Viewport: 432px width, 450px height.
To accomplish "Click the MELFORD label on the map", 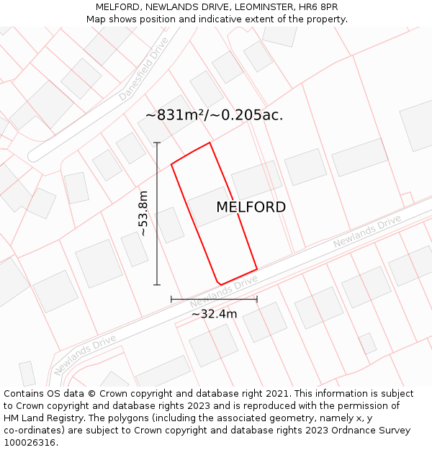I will pos(251,207).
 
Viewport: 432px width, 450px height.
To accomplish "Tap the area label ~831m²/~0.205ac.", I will pos(214,115).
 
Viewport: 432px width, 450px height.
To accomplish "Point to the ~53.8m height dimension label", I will pos(143,213).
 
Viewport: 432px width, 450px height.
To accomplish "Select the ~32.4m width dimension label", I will pos(214,314).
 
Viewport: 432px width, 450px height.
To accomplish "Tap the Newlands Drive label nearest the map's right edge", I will pos(366,232).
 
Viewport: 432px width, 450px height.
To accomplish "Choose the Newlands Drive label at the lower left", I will pos(84,355).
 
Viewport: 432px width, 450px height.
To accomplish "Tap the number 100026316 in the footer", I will pos(30,443).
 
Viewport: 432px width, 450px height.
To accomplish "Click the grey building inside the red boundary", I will pos(211,207).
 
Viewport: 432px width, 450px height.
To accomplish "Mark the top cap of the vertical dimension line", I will pos(157,143).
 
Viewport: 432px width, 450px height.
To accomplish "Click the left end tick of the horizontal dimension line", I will pos(171,299).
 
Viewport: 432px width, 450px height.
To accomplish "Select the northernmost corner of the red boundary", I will pos(210,143).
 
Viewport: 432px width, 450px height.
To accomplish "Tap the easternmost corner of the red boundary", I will pos(257,269).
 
